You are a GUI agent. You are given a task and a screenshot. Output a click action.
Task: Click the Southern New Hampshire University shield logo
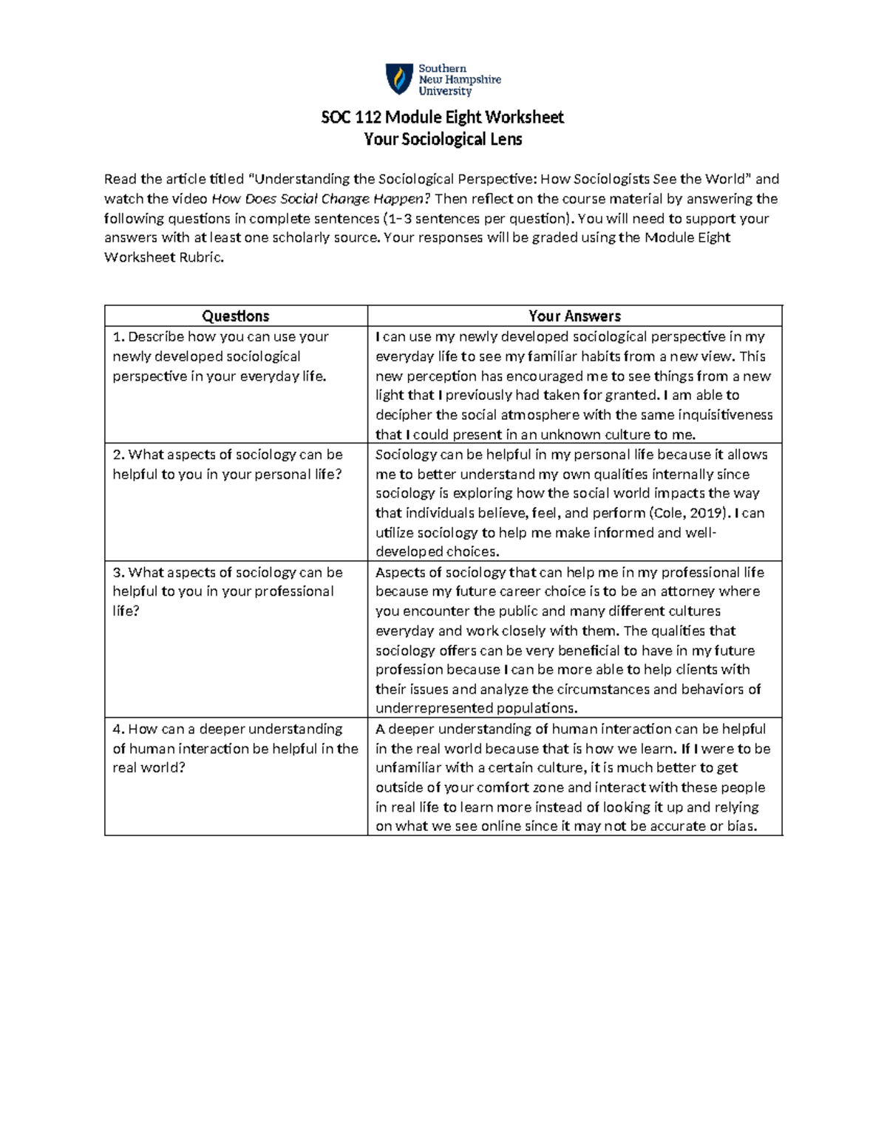pos(399,79)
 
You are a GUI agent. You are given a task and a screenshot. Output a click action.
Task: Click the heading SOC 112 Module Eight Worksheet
pos(442,117)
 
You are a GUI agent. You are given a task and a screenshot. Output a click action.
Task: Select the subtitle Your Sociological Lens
pos(443,139)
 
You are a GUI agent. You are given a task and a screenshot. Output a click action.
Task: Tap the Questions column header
pos(236,316)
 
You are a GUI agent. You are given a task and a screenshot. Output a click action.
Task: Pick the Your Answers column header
pos(574,316)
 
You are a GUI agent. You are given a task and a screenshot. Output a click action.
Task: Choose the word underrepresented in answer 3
pos(428,708)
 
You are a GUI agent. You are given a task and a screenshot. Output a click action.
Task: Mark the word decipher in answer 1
pos(404,415)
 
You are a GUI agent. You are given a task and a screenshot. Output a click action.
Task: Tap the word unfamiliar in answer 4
pos(408,768)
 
